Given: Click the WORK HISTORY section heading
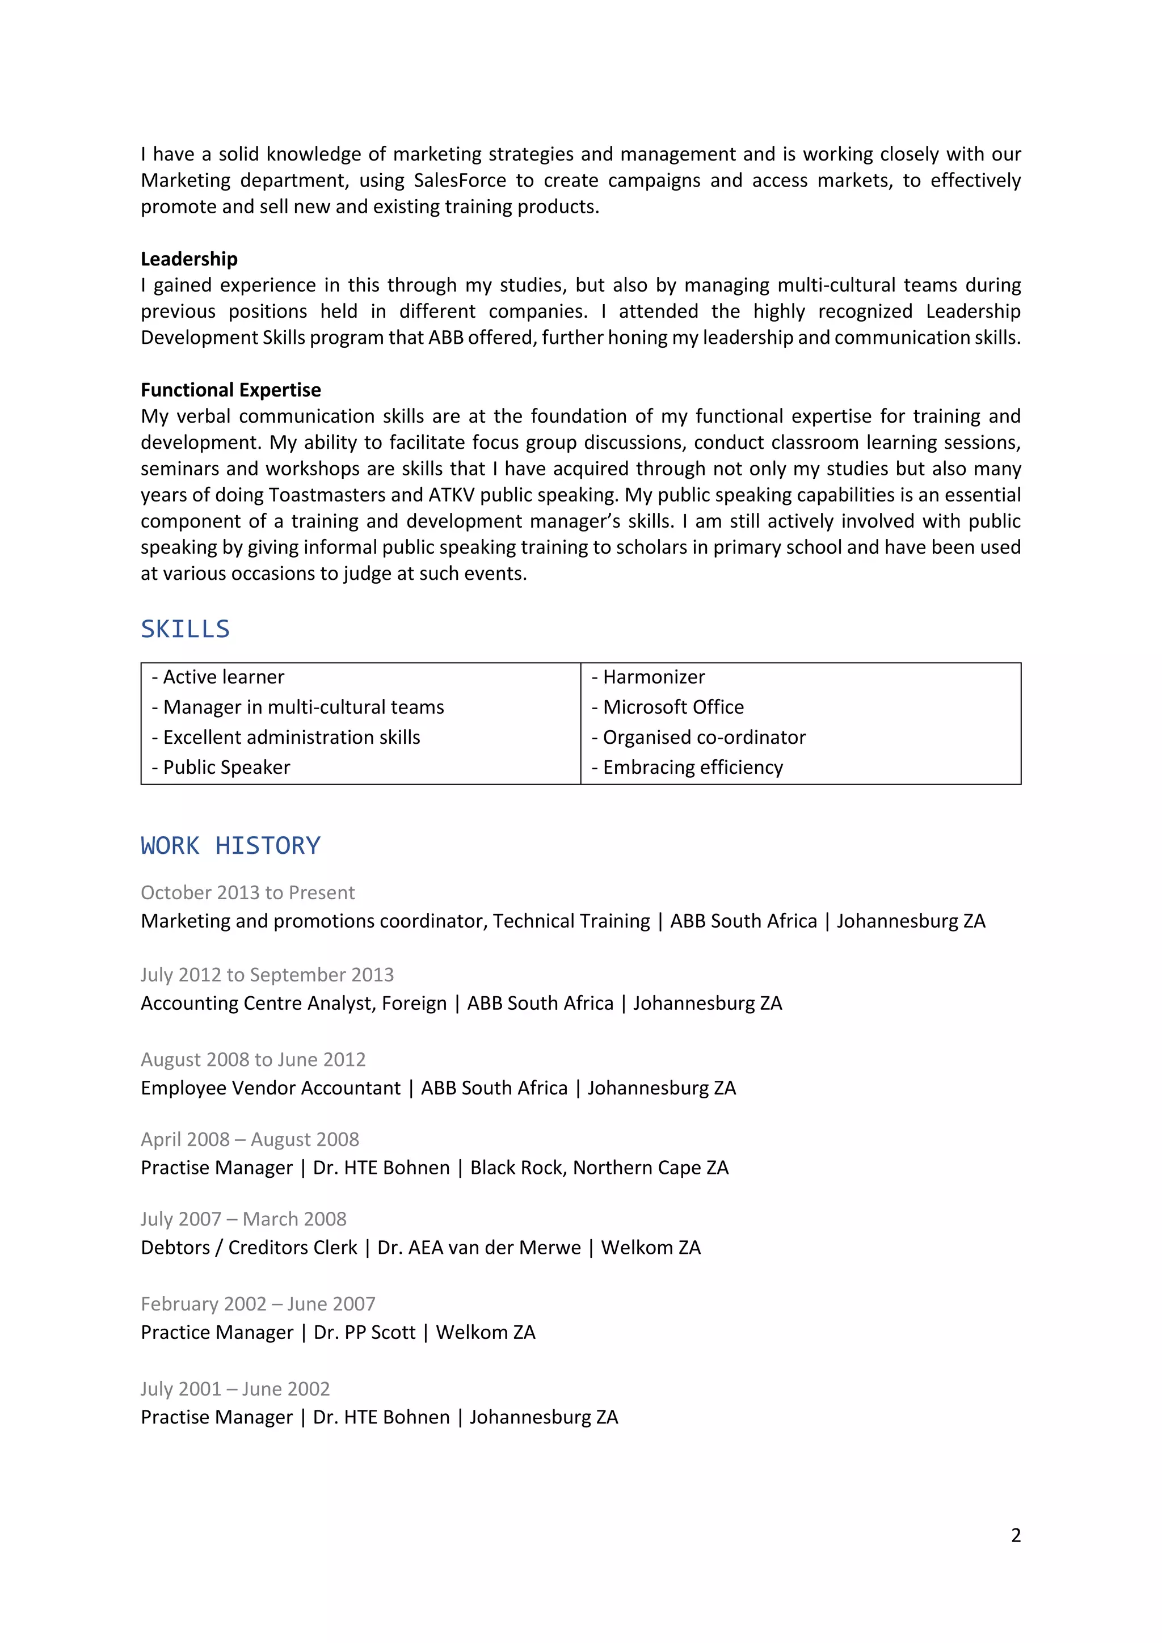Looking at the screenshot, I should tap(230, 845).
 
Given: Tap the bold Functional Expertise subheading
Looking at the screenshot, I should tap(230, 389).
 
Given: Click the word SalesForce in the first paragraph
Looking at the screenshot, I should tap(460, 180).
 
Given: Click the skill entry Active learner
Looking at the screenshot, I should tap(223, 677).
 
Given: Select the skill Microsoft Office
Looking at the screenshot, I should tap(672, 707).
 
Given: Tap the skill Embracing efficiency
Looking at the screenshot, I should tap(692, 767).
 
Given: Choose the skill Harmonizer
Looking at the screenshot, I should tap(653, 677).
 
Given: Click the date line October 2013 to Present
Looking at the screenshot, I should tap(247, 892).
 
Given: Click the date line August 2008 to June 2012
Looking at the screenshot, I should tap(253, 1059).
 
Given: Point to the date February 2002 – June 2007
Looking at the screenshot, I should tap(258, 1304).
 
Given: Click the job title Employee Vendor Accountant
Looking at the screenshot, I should tap(271, 1088).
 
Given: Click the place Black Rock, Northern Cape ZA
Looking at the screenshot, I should tap(599, 1167).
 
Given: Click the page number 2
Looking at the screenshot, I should tap(1015, 1535).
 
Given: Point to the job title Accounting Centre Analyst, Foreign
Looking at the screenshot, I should tap(293, 1003).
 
